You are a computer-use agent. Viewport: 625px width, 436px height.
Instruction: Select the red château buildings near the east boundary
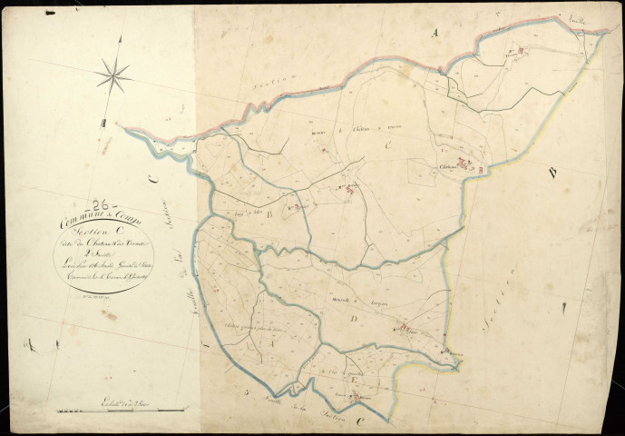tap(471, 165)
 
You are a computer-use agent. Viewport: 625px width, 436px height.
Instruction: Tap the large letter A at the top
tap(434, 32)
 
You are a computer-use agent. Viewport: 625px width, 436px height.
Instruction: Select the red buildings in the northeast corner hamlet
tap(516, 53)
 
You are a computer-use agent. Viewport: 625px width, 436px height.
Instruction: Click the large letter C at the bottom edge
tap(362, 421)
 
